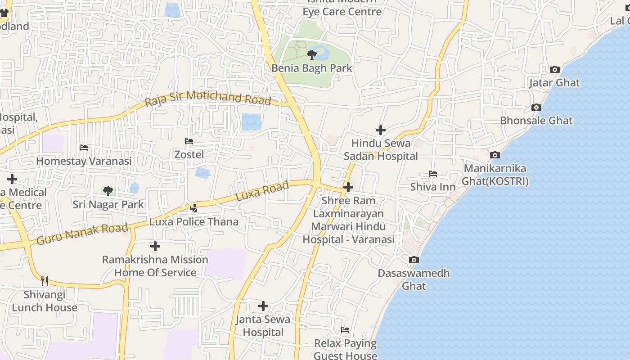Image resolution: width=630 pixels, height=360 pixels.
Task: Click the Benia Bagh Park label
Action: (311, 68)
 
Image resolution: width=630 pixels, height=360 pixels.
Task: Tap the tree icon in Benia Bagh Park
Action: (311, 55)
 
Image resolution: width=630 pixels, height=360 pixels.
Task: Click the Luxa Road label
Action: (262, 192)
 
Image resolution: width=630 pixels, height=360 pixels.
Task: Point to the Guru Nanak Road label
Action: (82, 234)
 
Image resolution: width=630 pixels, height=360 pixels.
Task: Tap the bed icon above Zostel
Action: (189, 141)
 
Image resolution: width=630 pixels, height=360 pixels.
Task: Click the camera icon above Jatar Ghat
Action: (555, 70)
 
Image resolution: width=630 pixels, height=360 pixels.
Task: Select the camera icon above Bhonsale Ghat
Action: (536, 108)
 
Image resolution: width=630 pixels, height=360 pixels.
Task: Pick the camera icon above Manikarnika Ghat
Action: (495, 155)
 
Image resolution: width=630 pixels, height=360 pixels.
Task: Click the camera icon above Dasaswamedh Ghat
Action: (414, 260)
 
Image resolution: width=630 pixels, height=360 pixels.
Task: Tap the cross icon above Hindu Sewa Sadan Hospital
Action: (381, 130)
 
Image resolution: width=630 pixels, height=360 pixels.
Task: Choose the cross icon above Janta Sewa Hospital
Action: (263, 306)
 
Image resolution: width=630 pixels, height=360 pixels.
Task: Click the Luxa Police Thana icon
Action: (194, 208)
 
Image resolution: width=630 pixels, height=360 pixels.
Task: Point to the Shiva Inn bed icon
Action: (433, 174)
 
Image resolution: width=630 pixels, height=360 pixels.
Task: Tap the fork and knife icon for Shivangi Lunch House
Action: (44, 281)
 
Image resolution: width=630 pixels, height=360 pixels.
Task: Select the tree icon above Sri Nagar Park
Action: (108, 191)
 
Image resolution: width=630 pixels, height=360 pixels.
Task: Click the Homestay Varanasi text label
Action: (84, 161)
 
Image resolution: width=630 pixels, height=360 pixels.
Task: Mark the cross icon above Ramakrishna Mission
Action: (155, 246)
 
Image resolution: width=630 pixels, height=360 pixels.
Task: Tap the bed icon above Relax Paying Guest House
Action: (345, 330)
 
